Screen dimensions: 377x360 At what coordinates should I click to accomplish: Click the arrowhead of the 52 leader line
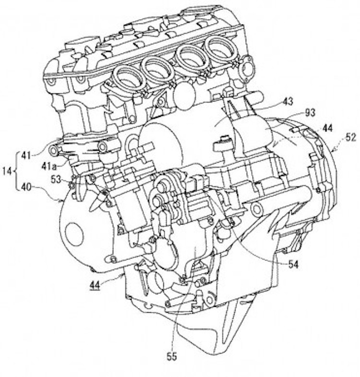point(333,150)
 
